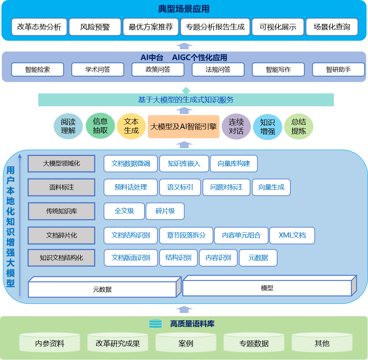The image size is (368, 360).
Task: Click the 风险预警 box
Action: tap(95, 27)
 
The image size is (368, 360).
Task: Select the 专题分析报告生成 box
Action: tap(215, 27)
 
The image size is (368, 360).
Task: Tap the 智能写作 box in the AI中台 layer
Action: tap(278, 69)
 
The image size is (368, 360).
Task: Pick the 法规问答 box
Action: tap(218, 69)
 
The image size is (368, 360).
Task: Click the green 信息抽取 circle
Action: tap(100, 126)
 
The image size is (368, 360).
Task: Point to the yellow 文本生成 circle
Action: tap(131, 126)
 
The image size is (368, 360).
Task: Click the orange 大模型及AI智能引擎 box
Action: tap(183, 127)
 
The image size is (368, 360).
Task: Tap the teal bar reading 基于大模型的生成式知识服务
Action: tap(186, 100)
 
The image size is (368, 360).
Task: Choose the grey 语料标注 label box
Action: tap(61, 187)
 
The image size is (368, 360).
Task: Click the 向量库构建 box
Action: tap(234, 164)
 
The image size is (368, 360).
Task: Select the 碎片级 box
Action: tap(165, 211)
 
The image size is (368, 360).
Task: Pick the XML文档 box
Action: tap(292, 235)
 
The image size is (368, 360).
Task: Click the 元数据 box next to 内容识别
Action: tap(258, 258)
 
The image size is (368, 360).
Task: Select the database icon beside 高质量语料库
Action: tap(156, 324)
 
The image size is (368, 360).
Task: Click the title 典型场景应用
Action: tap(184, 9)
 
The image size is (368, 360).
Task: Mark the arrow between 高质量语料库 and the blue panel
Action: tap(184, 310)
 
